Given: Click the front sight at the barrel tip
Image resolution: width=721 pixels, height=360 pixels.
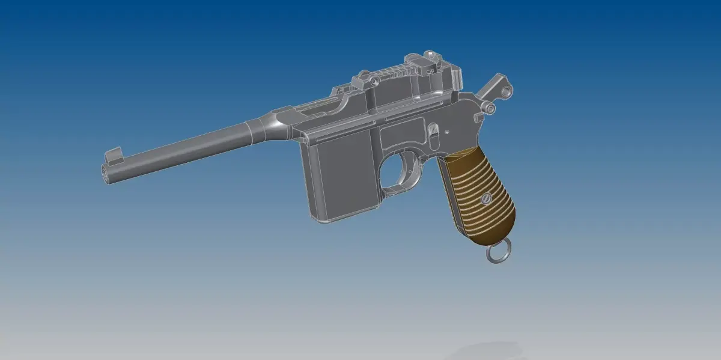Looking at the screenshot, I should tap(112, 155).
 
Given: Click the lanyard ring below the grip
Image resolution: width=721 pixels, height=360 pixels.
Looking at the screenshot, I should tap(499, 253).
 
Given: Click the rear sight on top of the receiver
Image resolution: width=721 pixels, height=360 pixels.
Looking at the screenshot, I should tap(430, 60).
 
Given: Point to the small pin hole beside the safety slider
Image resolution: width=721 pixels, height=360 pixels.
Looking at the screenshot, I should tap(448, 129).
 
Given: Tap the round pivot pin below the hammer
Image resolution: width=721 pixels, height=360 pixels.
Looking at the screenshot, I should tap(490, 108).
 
